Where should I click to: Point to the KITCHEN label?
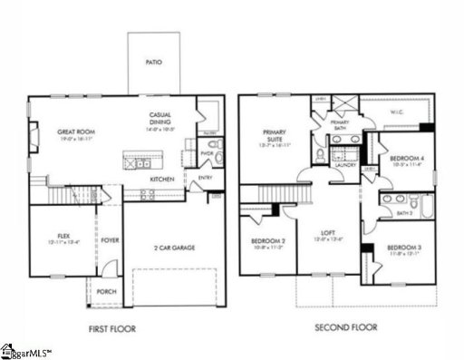point(162,180)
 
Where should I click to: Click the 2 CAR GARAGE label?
point(172,247)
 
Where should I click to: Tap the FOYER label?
point(111,240)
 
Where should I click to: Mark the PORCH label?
point(106,292)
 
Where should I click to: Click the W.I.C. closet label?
point(396,113)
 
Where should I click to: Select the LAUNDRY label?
point(343,166)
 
